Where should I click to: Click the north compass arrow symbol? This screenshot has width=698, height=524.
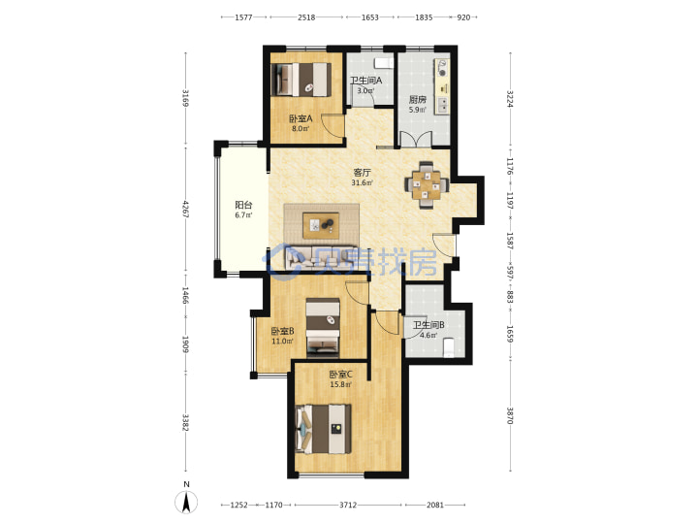click(186, 502)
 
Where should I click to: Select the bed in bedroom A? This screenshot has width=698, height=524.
click(301, 80)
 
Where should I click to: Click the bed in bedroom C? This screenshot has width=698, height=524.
click(324, 429)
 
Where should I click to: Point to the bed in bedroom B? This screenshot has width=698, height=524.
click(323, 328)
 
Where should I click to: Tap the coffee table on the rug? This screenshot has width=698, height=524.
click(321, 225)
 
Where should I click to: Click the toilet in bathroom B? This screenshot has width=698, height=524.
click(449, 347)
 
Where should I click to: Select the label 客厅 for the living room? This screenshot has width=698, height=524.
click(362, 173)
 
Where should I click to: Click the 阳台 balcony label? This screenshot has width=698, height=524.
click(243, 205)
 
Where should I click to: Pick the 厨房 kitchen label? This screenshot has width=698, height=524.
click(418, 99)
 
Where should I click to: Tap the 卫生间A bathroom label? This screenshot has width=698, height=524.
click(365, 81)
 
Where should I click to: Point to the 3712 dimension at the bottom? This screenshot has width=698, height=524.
click(348, 505)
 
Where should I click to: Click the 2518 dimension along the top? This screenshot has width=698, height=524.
click(306, 17)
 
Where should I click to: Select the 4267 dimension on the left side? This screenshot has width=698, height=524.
click(185, 209)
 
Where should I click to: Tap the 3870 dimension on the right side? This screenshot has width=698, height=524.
click(510, 414)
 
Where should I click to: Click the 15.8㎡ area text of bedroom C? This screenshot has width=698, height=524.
click(340, 384)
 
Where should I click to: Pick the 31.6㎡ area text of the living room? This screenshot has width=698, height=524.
click(362, 182)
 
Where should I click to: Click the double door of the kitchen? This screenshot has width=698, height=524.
click(416, 139)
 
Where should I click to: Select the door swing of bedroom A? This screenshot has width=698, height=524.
click(333, 125)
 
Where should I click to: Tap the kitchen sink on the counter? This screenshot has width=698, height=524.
click(443, 105)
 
